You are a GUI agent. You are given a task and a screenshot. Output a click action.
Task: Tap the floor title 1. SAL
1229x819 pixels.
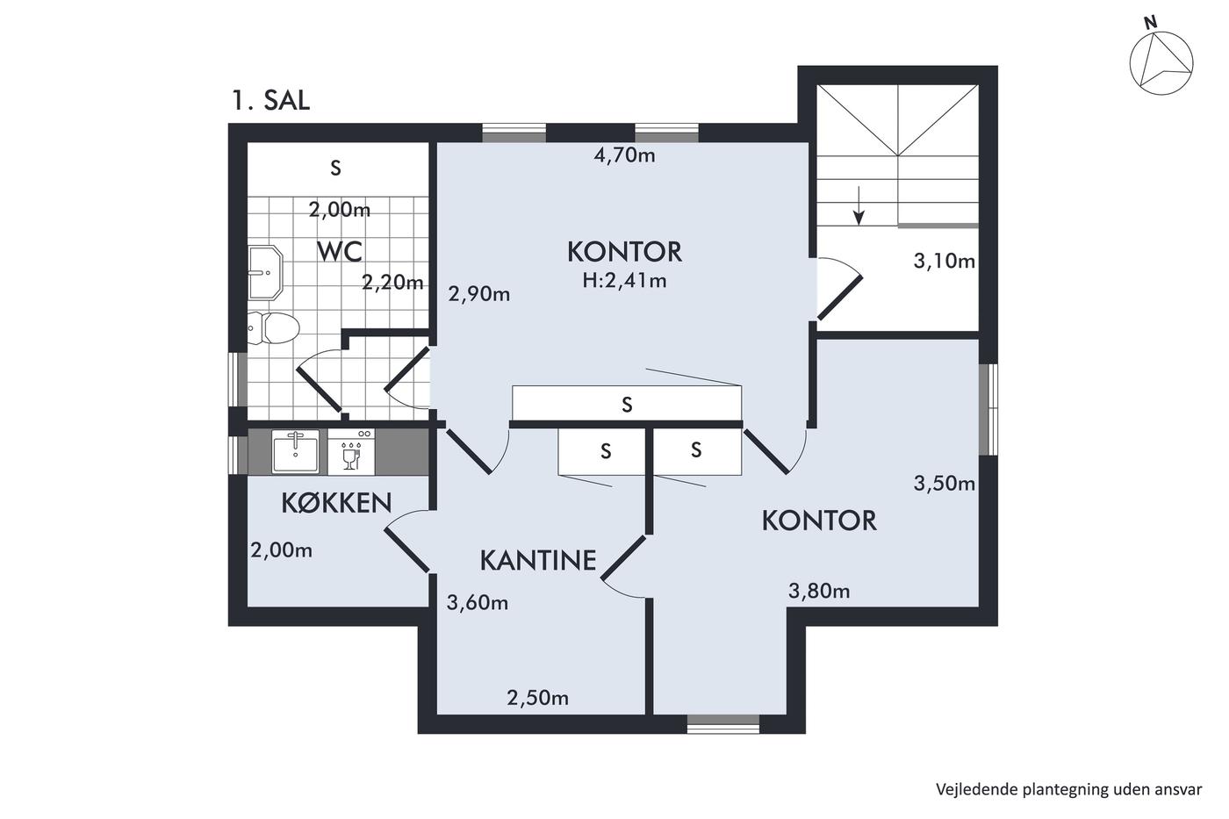tap(270, 100)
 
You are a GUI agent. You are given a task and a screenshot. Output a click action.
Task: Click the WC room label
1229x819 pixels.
tap(340, 252)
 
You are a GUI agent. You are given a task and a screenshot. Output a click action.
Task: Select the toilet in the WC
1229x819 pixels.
tap(273, 327)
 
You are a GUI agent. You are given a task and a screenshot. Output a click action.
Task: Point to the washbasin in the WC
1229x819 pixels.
tap(265, 273)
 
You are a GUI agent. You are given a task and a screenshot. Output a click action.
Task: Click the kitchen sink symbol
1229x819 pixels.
tap(295, 451)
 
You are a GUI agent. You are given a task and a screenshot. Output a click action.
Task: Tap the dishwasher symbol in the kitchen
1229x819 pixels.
tap(351, 452)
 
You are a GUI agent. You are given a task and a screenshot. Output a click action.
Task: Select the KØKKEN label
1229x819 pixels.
tap(336, 503)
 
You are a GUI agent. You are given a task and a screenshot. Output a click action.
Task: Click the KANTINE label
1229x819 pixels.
tap(537, 561)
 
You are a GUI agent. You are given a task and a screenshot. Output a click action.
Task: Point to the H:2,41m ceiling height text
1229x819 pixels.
tap(624, 281)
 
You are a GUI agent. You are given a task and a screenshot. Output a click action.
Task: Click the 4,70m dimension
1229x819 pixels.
tap(624, 155)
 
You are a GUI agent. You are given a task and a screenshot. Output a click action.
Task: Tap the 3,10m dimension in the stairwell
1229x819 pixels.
tap(944, 261)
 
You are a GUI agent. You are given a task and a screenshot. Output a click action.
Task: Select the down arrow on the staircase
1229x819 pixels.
tap(859, 205)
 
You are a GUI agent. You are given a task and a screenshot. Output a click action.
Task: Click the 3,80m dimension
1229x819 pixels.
tap(819, 591)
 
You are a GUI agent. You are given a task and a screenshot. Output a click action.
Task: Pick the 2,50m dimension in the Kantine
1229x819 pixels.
tap(537, 698)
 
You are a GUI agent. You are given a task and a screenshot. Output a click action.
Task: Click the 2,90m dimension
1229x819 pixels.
tap(479, 295)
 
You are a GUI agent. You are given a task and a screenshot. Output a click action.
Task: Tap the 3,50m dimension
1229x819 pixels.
tap(944, 484)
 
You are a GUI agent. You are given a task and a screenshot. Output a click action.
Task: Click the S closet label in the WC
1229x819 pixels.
tap(335, 168)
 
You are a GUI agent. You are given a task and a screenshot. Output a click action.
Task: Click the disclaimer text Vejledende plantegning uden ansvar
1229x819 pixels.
tap(1069, 789)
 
